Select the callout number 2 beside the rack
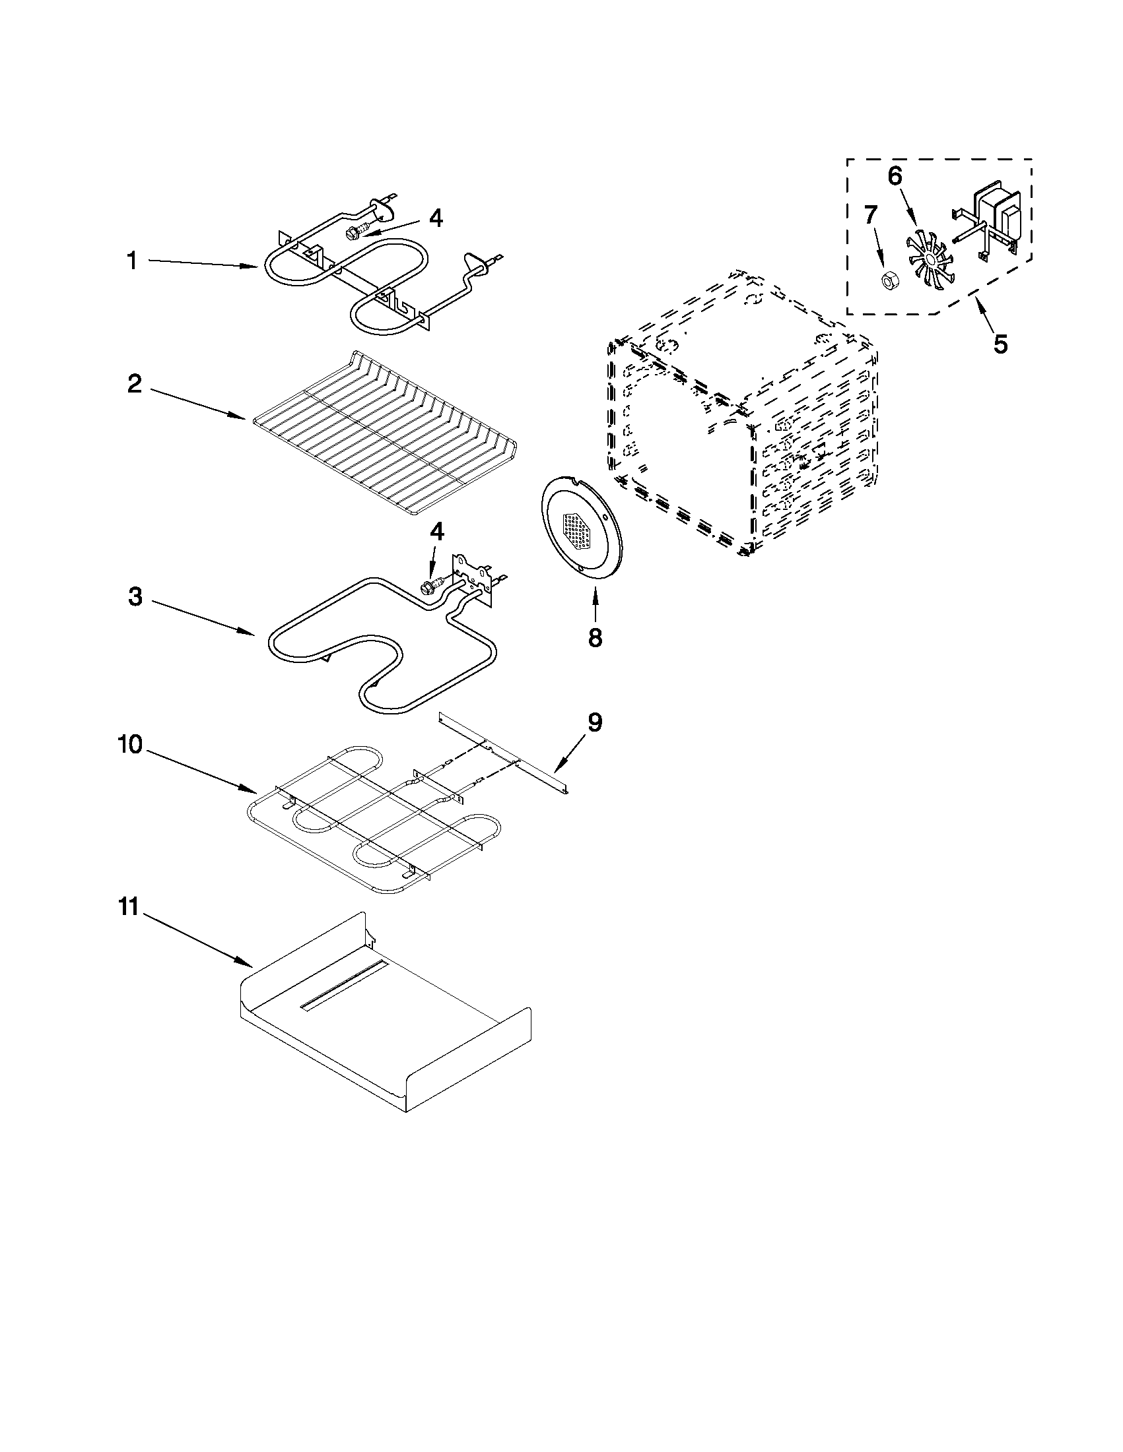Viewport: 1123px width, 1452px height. pyautogui.click(x=135, y=383)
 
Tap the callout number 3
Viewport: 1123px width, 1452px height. pyautogui.click(x=135, y=597)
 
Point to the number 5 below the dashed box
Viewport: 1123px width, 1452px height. pyautogui.click(x=1000, y=344)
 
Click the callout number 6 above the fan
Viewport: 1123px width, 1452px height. pyautogui.click(x=895, y=176)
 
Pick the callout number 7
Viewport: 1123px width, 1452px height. pyautogui.click(x=870, y=216)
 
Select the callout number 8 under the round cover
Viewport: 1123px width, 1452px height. pyautogui.click(x=595, y=637)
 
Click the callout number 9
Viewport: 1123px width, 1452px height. pyautogui.click(x=594, y=722)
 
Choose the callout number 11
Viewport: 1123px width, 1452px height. pyautogui.click(x=129, y=907)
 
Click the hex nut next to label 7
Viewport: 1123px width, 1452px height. pyautogui.click(x=886, y=281)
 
